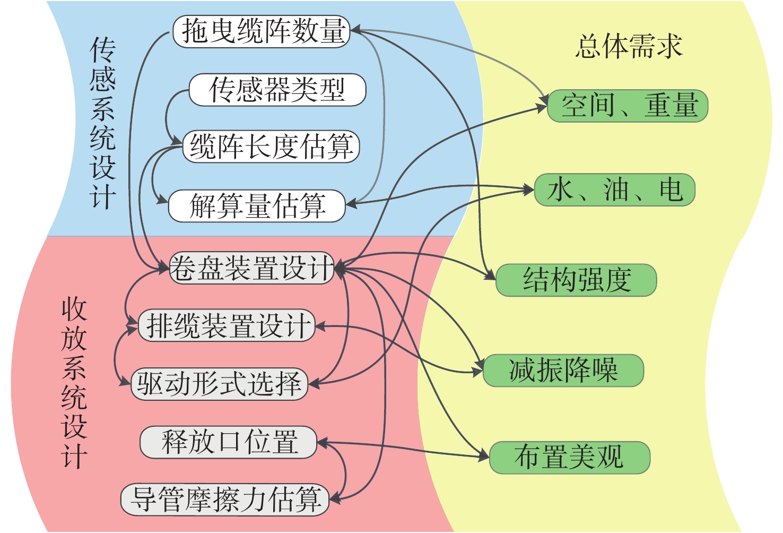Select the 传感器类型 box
[277, 89]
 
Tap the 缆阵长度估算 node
[271, 147]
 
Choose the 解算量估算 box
[257, 205]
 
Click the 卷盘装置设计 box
[251, 268]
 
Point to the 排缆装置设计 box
[227, 325]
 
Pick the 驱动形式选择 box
[219, 383]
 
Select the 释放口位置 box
[229, 442]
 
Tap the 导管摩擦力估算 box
[225, 499]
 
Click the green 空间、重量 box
[628, 106]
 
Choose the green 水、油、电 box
[614, 190]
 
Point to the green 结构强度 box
[577, 280]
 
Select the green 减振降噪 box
[563, 370]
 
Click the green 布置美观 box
[570, 457]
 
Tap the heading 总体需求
[629, 47]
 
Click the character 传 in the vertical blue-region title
[102, 50]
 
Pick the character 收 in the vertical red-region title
[74, 310]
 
